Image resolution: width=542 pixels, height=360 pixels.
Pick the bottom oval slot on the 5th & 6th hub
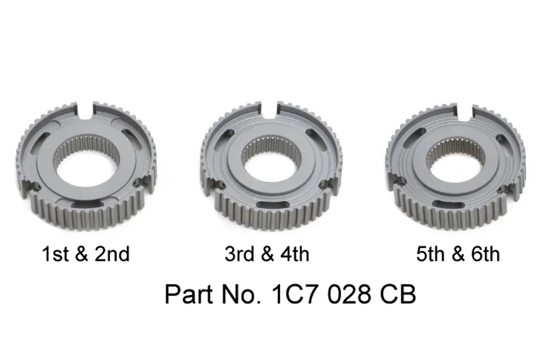pyautogui.click(x=448, y=205)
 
